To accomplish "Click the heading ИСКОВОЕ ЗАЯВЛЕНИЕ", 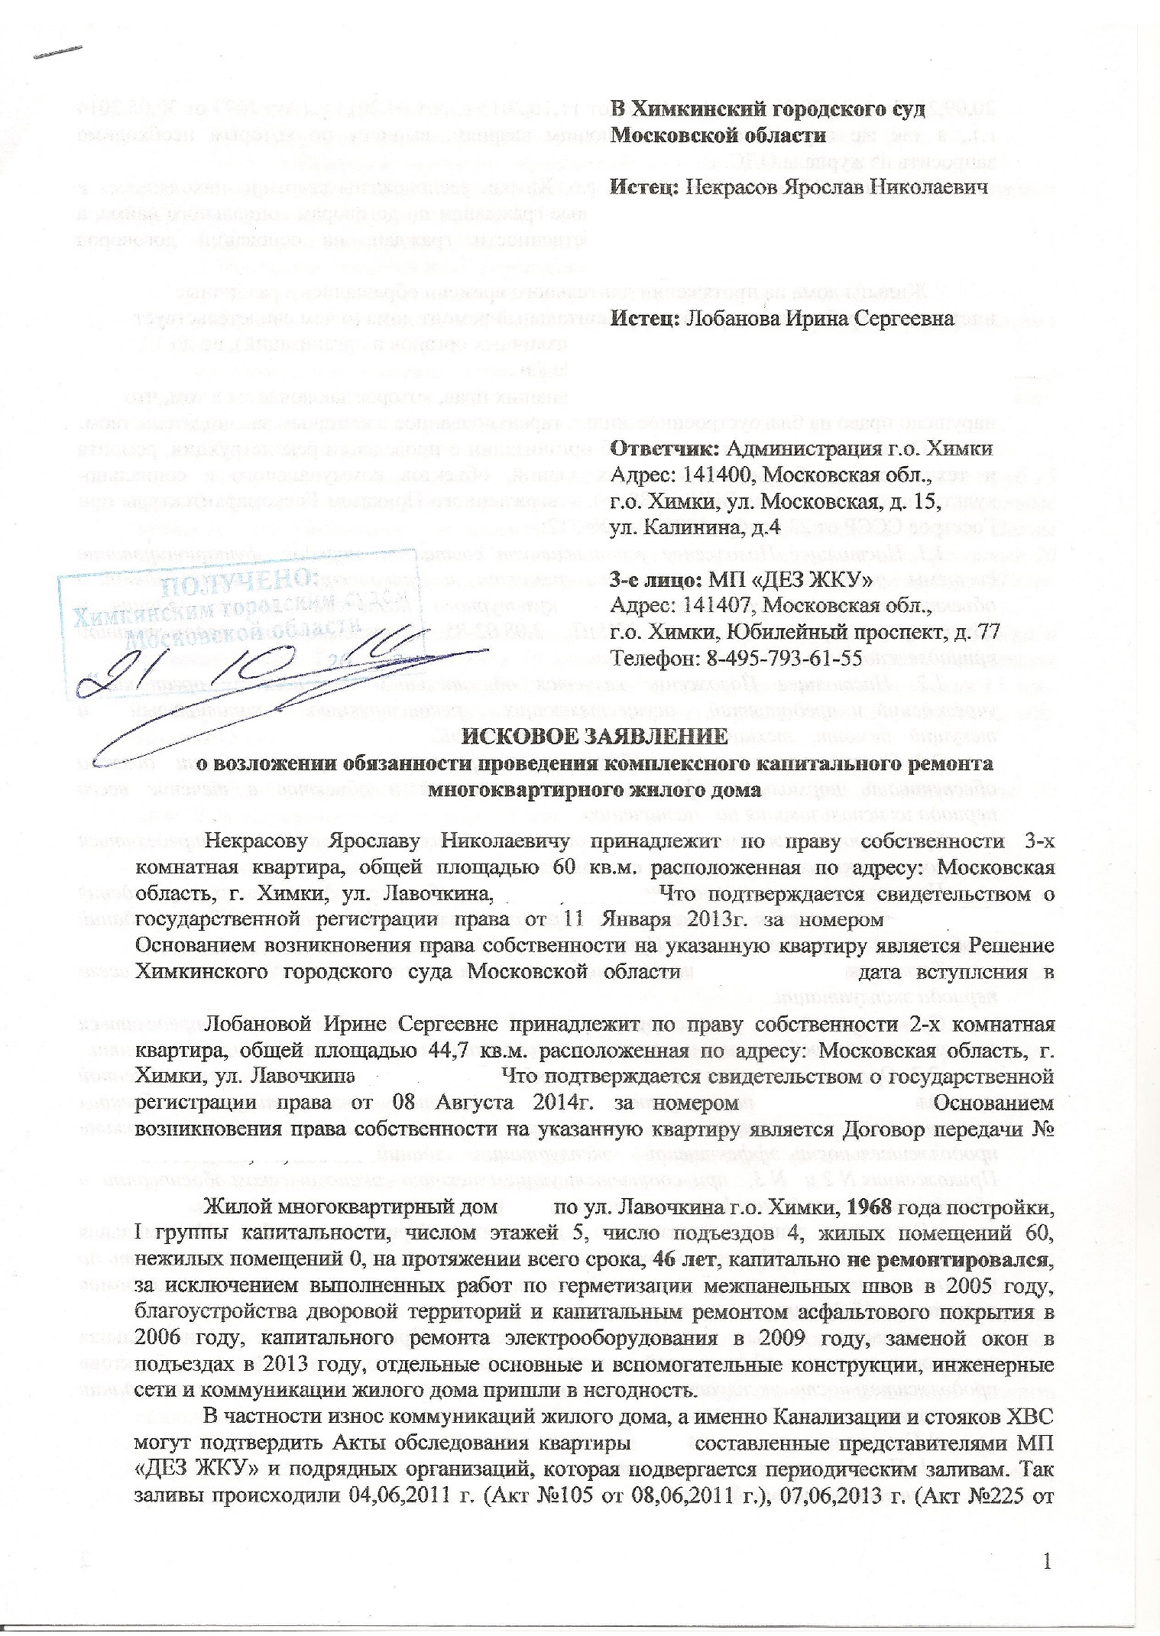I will [596, 737].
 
